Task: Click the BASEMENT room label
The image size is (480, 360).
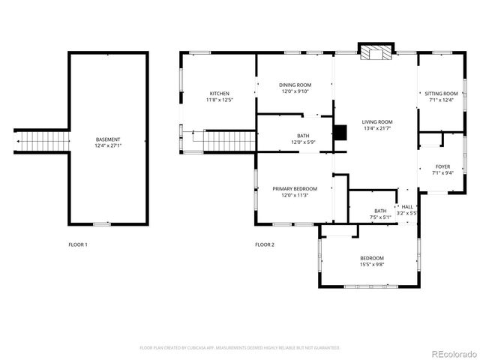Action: point(108,139)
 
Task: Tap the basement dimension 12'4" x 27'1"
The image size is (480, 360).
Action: point(108,146)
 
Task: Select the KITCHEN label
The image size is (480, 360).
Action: point(219,93)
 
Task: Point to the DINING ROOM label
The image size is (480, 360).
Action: point(295,85)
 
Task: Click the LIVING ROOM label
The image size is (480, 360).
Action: point(377,121)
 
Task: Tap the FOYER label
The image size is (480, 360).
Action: point(442,166)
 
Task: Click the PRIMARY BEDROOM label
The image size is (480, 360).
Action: point(295,188)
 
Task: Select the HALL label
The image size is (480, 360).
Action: point(407,206)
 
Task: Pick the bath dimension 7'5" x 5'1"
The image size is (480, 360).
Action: point(381,217)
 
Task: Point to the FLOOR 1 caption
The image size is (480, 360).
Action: point(78,244)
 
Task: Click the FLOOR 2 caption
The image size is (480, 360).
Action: point(265,244)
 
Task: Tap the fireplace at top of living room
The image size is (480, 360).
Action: point(375,53)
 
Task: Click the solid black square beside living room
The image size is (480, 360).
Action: point(340,133)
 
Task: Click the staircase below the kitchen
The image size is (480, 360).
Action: point(229,139)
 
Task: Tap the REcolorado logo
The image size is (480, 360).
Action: point(451,353)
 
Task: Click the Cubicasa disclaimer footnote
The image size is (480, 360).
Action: point(240,348)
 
